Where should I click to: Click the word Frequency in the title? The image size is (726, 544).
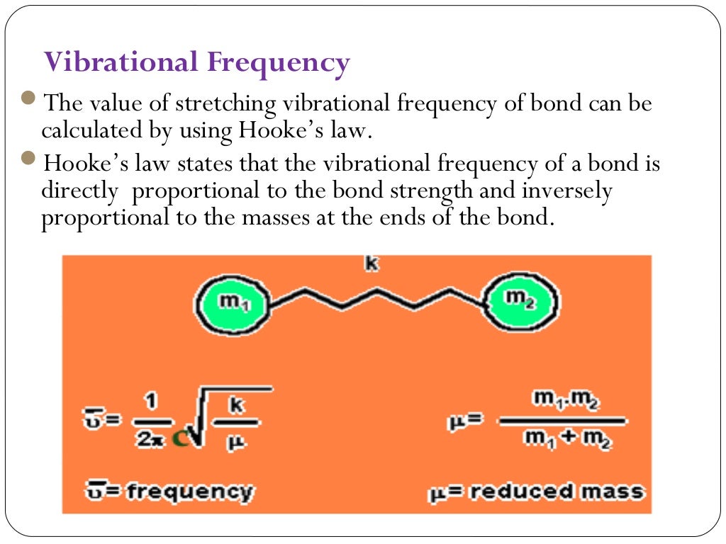coord(279,63)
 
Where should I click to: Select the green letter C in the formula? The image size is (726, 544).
coord(181,439)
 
